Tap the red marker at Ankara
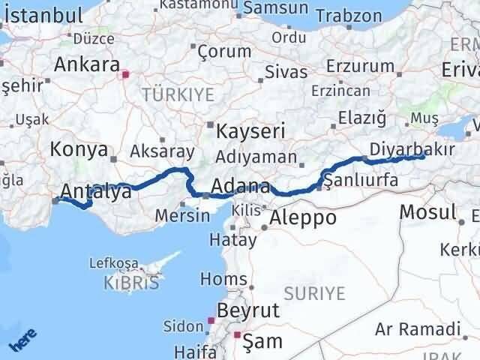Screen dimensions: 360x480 click(x=126, y=74)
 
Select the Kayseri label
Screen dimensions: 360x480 click(x=250, y=131)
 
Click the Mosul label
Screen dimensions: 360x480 click(x=427, y=211)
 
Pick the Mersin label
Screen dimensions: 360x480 click(x=182, y=215)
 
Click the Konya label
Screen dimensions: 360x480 click(x=79, y=150)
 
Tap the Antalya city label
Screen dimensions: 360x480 click(x=98, y=191)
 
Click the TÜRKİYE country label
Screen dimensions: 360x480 click(x=178, y=94)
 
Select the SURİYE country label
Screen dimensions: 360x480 click(x=314, y=292)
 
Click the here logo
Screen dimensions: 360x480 click(x=23, y=341)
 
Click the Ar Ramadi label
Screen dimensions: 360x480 click(x=418, y=328)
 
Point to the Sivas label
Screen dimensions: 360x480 click(x=286, y=73)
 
